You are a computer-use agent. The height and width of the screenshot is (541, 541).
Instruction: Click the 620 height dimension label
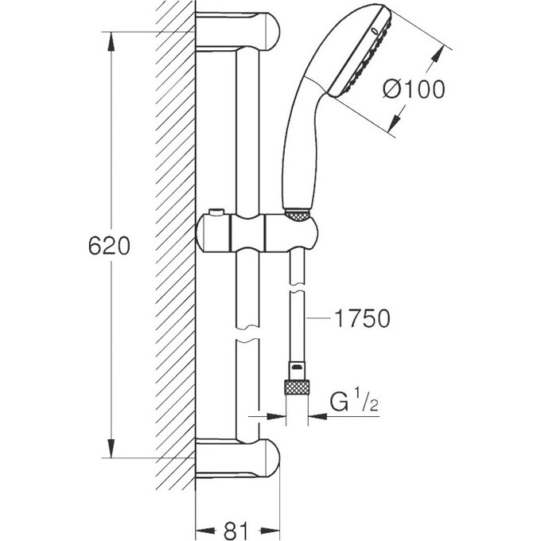coord(108,247)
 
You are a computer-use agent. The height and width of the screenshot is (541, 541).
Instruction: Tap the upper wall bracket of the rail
coord(239,31)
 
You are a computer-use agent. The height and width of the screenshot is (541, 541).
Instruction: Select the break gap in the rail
coord(247,332)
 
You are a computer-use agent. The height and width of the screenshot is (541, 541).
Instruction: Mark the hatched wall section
coord(175,239)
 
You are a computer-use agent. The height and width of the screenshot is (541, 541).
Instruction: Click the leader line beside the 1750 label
coord(319,320)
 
